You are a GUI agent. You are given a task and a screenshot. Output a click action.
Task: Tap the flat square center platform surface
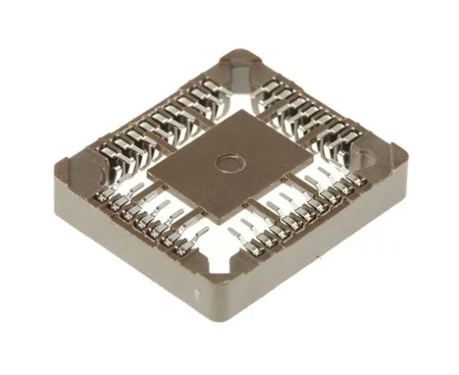pyautogui.click(x=209, y=179)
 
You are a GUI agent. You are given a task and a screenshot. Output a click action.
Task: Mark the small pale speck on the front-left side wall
pyautogui.click(x=198, y=292)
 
